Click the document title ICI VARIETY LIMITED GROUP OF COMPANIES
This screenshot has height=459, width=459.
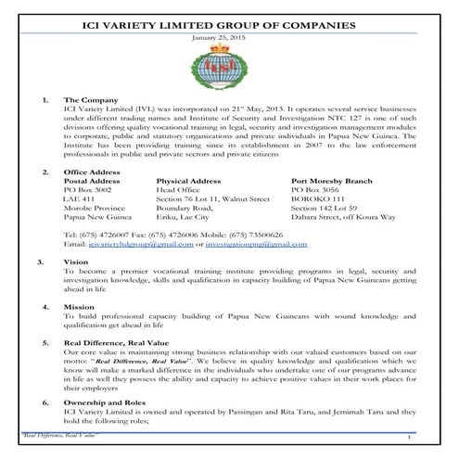point(229,14)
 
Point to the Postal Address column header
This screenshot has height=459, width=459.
point(93,183)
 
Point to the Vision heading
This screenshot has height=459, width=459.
point(76,262)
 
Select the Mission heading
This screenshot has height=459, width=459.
point(79,304)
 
